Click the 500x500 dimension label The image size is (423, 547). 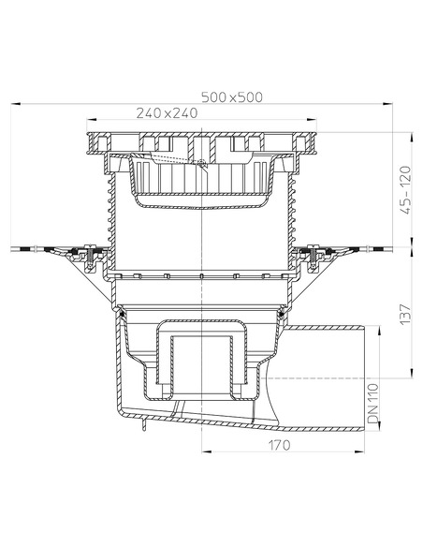coord(232,97)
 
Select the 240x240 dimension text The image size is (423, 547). coord(167,113)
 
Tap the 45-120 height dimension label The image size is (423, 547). coord(406,190)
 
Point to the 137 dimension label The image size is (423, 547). coord(405,314)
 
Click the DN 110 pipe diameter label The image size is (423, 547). coord(372,404)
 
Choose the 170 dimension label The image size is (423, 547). coord(279,445)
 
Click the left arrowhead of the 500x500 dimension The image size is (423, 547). coord(16,104)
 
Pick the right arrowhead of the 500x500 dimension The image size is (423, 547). coord(387,104)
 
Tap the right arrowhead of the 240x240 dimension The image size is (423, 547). coord(312,120)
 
